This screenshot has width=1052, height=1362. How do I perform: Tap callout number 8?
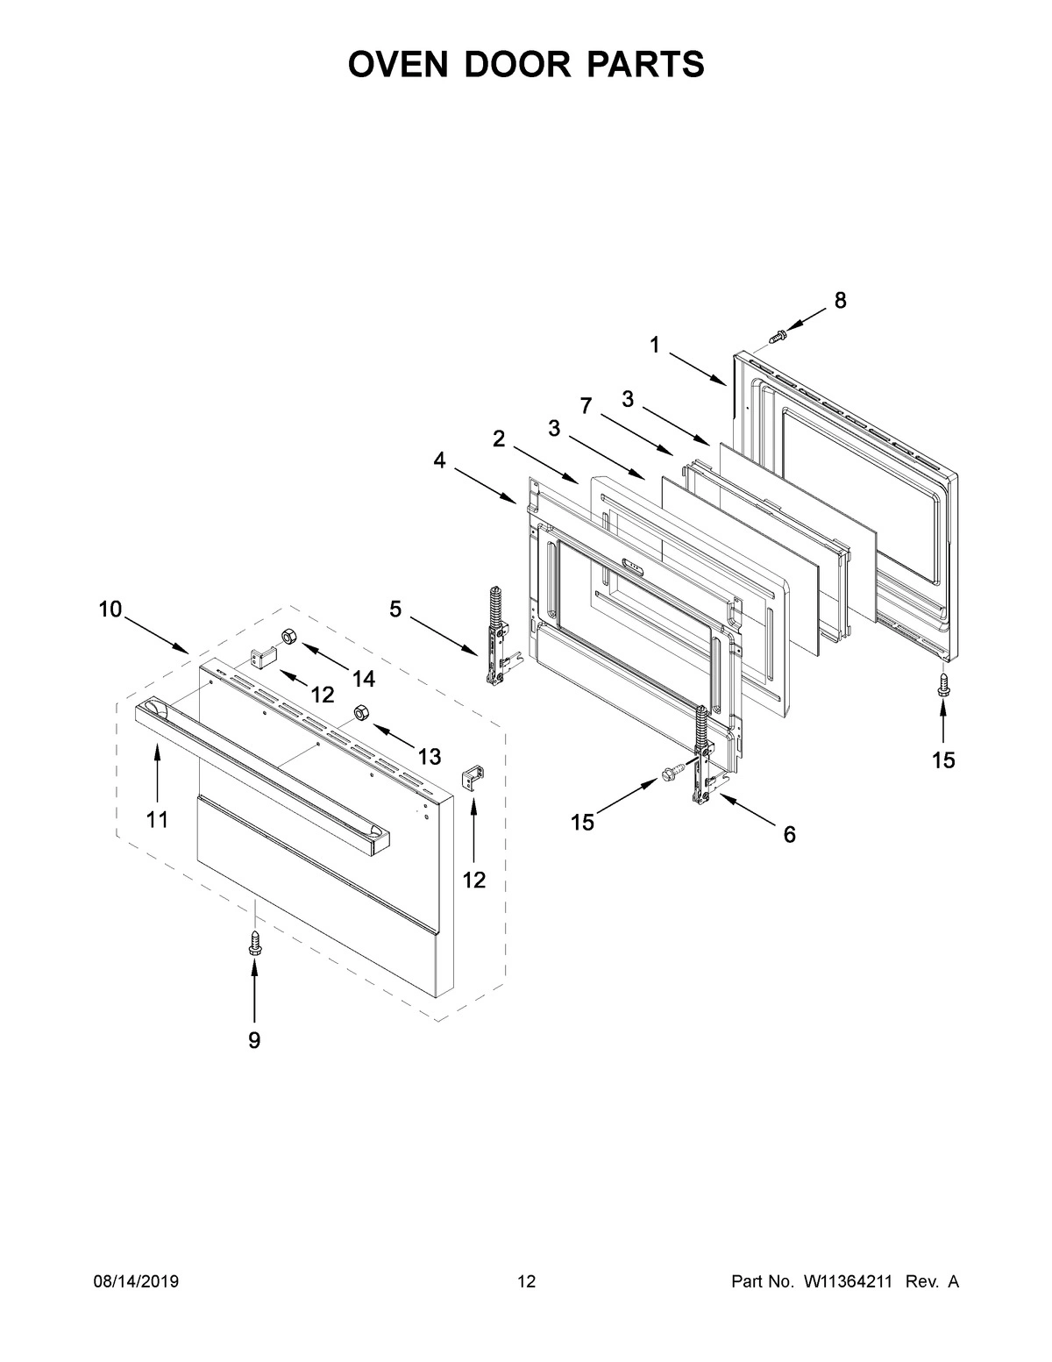(840, 301)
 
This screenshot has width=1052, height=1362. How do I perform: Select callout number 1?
(655, 345)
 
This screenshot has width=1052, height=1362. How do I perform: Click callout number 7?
(586, 405)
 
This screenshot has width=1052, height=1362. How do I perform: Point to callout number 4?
(437, 459)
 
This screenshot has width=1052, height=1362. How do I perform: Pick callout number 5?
(395, 608)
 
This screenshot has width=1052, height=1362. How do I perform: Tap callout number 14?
(363, 678)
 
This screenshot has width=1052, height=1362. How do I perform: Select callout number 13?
(429, 755)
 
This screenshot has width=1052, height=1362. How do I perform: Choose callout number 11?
(157, 819)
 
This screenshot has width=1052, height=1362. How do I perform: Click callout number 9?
(254, 1040)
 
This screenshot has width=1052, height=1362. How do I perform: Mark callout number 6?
(789, 835)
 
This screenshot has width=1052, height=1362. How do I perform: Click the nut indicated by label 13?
(359, 711)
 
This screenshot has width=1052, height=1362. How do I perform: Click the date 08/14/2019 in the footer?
(136, 1282)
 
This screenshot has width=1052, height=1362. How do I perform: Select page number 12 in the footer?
(526, 1282)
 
